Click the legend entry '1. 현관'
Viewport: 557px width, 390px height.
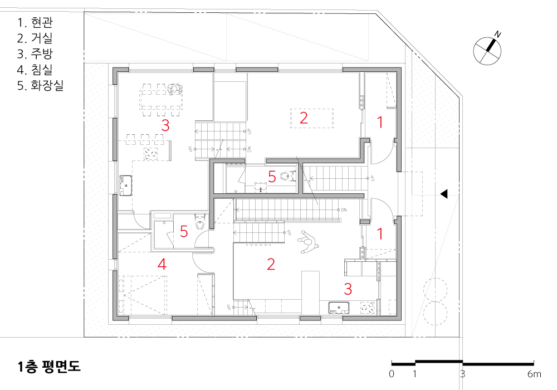point(35,22)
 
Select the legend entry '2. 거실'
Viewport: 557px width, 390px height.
point(35,38)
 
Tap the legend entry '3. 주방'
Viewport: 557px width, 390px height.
point(35,53)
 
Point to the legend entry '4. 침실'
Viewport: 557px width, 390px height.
point(35,69)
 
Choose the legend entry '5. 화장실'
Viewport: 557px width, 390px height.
point(40,85)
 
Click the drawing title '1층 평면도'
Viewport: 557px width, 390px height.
point(50,367)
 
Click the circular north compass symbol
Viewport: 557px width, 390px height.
point(487,51)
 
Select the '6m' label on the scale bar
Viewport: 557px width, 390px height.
point(534,374)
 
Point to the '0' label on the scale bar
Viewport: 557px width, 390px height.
point(392,374)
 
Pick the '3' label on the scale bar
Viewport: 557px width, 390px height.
point(462,374)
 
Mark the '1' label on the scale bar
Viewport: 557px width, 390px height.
point(414,374)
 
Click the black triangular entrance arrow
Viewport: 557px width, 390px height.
point(444,194)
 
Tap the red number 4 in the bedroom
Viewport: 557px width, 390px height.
point(162,264)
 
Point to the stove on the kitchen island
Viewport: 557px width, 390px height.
point(150,154)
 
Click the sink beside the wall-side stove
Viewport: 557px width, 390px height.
point(339,308)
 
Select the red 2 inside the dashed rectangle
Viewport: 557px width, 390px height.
point(304,118)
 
